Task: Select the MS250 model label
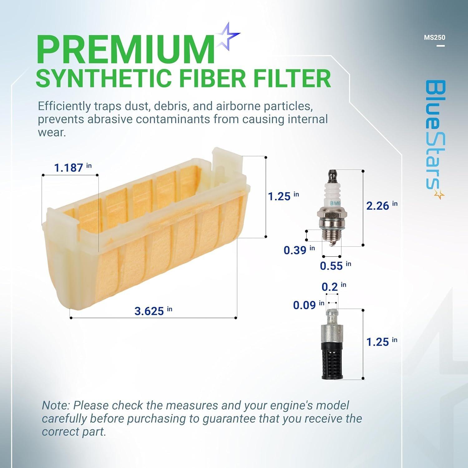point(434,37)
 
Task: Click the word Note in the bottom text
point(56,406)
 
